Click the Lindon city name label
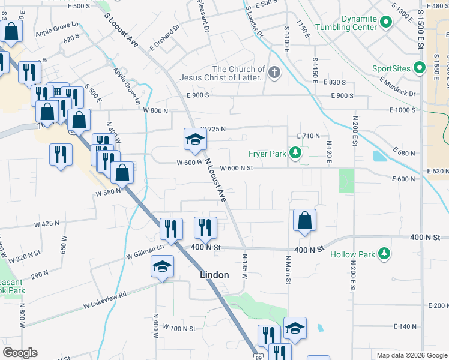point(214,275)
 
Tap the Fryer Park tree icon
point(295,154)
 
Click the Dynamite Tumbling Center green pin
point(385,23)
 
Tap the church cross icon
point(274,73)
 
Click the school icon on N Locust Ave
point(195,140)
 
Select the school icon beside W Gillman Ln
point(162,266)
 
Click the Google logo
point(20,353)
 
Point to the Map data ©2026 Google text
point(411,355)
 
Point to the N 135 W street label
point(245,268)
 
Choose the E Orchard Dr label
point(165,38)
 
